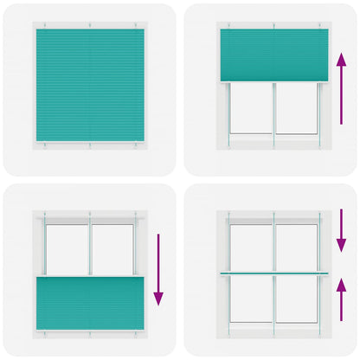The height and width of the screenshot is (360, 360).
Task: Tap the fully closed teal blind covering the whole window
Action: tap(91, 87)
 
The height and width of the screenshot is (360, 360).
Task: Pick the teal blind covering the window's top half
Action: tap(273, 55)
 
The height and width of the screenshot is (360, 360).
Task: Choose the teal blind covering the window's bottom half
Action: tap(90, 303)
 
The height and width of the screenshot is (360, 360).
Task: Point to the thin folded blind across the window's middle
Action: tap(273, 273)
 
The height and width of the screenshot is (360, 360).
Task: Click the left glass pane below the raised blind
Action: tap(252, 108)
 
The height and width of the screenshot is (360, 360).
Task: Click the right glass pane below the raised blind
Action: tap(296, 108)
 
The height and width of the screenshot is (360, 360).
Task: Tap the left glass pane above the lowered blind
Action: tap(67, 248)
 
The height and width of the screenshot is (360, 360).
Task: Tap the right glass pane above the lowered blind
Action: tap(112, 248)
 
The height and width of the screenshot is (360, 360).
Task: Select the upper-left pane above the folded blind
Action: tap(251, 247)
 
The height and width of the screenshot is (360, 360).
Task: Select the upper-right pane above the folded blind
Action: tap(297, 247)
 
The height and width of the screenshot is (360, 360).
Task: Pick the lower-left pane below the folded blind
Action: tap(251, 299)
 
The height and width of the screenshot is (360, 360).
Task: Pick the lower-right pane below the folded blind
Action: tap(297, 299)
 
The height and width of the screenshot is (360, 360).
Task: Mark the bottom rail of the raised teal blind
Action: tap(273, 81)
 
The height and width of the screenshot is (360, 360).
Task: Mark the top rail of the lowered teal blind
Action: tap(90, 278)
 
